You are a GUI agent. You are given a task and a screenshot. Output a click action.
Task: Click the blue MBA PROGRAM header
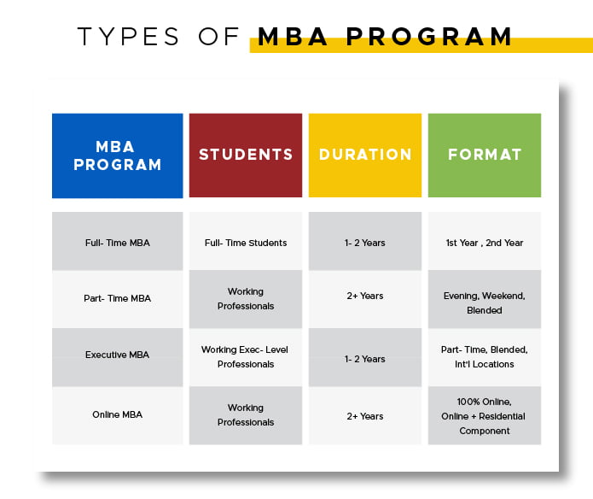[117, 156]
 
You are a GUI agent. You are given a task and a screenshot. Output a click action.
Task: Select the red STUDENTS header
[246, 156]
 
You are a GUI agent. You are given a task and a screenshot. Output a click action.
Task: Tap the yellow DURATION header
[365, 156]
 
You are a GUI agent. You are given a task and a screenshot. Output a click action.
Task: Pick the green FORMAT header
[485, 156]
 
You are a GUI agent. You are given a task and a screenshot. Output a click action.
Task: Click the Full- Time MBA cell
[117, 241]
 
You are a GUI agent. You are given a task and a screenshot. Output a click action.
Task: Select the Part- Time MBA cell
[117, 299]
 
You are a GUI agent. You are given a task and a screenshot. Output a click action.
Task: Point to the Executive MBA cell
[117, 357]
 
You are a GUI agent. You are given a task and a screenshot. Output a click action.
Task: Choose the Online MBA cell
[117, 415]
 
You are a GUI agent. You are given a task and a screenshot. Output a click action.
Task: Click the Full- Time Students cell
[246, 241]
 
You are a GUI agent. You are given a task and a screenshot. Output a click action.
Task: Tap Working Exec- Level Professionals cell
[246, 357]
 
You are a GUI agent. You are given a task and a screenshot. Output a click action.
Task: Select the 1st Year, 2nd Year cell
[485, 241]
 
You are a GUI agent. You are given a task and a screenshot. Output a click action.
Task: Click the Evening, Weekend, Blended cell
[485, 299]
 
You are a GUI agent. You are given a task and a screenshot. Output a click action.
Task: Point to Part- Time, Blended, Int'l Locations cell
[485, 357]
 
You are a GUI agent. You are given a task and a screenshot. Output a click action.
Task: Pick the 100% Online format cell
[485, 415]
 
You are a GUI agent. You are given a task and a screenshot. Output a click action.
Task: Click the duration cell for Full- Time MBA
[365, 241]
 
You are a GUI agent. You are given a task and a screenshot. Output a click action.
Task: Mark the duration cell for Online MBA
[365, 415]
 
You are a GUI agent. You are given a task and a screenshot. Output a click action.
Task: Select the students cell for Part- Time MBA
[246, 299]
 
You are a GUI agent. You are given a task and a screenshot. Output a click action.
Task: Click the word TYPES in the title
[128, 37]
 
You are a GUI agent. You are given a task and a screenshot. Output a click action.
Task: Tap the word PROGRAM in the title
[429, 37]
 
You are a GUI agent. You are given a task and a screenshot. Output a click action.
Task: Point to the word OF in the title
[218, 37]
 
